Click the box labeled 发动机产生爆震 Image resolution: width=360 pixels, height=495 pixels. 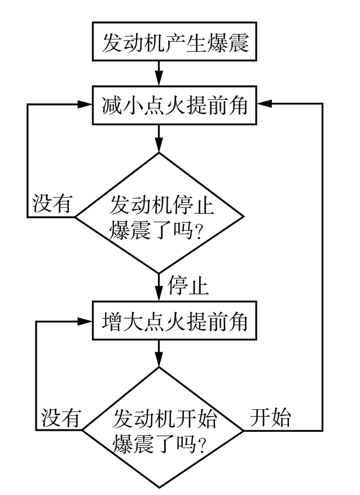(175, 43)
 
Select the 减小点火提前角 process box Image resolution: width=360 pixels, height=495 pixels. (175, 106)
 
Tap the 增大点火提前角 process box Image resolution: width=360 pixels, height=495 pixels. (175, 323)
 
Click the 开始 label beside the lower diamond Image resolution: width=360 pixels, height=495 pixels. (270, 418)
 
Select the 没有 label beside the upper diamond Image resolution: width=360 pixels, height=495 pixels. (52, 204)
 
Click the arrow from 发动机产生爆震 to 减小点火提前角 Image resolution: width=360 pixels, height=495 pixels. (160, 75)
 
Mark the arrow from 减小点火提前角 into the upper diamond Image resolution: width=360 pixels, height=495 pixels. (160, 137)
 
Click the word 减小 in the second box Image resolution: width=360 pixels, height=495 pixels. (119, 106)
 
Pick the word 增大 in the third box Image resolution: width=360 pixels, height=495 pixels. (119, 323)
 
